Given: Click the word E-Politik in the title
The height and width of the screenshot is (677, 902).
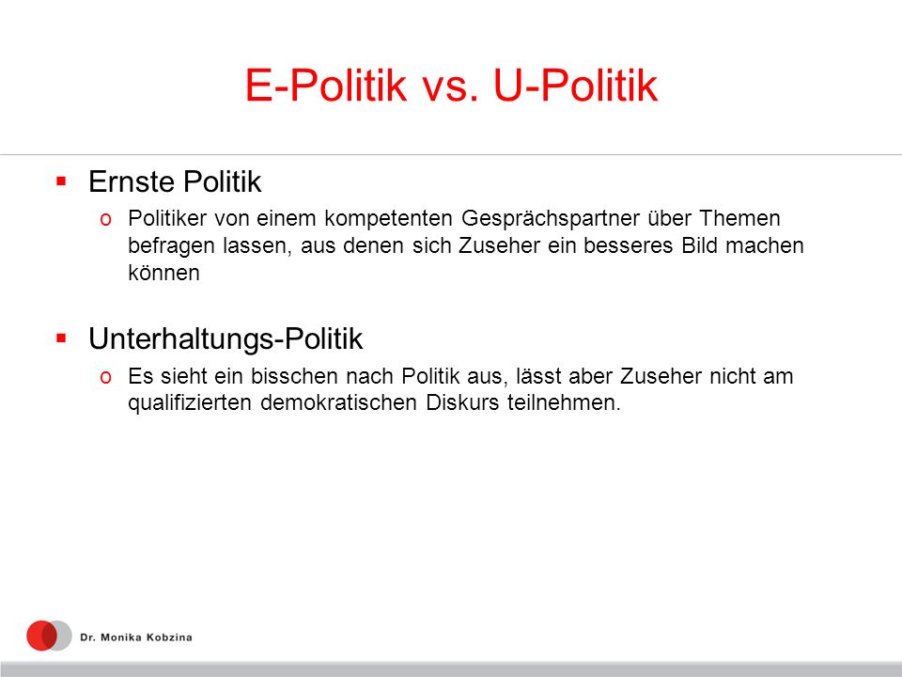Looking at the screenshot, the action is pos(326,86).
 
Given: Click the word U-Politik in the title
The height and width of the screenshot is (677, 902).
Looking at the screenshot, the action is pos(575,86).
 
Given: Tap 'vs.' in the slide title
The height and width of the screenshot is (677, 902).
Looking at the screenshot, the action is pos(450,87).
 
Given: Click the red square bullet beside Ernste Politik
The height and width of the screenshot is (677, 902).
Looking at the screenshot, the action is pos(62,181).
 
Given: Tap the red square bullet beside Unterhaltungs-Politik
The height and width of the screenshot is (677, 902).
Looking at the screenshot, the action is pos(62,338).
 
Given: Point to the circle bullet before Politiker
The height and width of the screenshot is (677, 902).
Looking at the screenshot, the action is pos(105,219).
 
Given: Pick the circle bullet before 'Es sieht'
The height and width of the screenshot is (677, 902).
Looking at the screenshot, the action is pos(105,377).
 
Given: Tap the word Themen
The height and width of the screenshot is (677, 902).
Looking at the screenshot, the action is pos(739,218).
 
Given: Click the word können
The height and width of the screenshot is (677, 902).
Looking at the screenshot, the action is pos(163,273).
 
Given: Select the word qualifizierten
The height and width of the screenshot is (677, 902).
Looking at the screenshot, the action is pos(190,402).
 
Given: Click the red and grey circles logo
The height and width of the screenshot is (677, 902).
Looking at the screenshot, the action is pos(49,636).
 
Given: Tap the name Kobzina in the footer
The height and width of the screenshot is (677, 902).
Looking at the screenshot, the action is pos(169,638).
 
